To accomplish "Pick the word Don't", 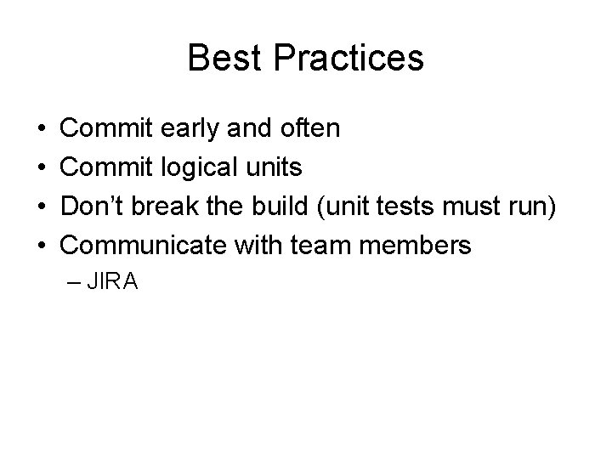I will pos(95,207).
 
